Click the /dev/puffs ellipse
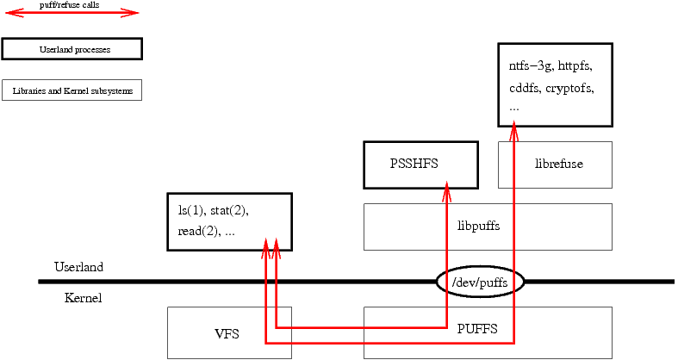(480, 282)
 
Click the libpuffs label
(478, 227)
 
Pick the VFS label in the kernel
(227, 333)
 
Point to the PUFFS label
(477, 328)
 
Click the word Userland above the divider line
(78, 267)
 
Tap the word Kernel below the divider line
(83, 298)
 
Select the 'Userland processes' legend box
(72, 49)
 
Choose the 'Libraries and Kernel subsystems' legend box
(72, 90)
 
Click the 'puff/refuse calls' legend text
(70, 4)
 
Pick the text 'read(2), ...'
(207, 231)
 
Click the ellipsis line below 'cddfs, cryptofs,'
(514, 109)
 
